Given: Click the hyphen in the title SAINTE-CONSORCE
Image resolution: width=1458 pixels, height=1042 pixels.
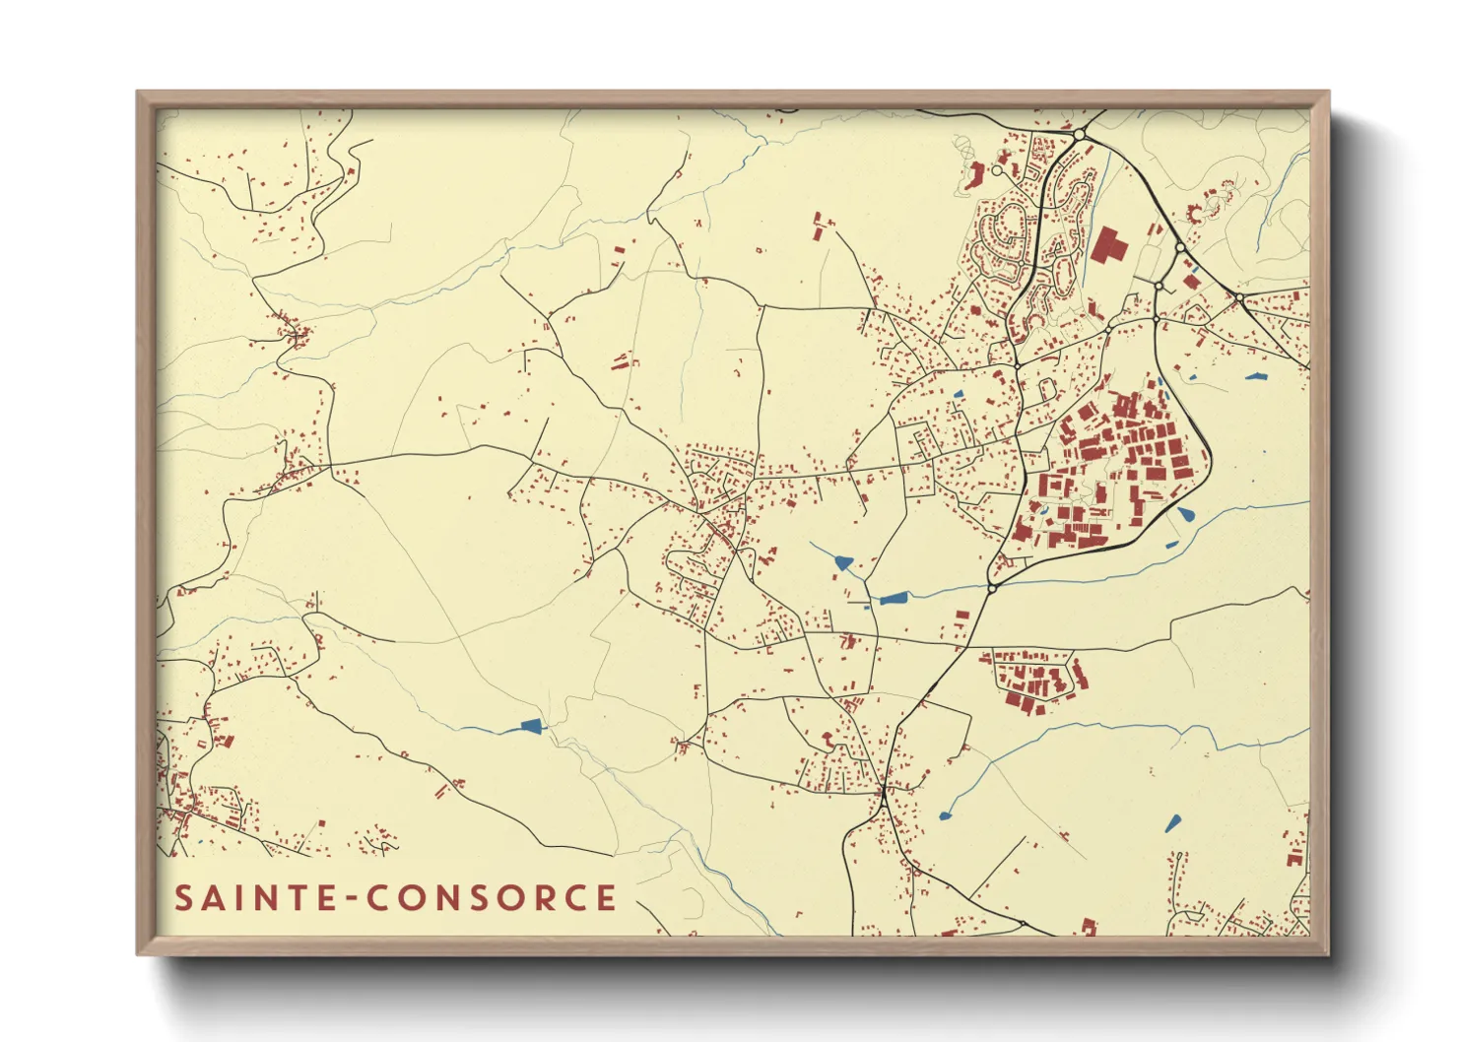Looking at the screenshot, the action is pos(349,898).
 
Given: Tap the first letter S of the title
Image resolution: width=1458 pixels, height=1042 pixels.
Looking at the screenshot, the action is pos(184,898).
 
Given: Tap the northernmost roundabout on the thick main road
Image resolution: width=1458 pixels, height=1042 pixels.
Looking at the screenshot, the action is pos(1079,134).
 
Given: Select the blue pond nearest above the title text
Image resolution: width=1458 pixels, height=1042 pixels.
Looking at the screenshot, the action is pos(531,727).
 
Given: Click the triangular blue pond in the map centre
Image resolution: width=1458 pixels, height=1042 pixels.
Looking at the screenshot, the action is pos(843,562).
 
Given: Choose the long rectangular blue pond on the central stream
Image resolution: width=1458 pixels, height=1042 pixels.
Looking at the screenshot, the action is pos(893,598).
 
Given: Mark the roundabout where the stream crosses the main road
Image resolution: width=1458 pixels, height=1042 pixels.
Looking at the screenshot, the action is pos(992,588).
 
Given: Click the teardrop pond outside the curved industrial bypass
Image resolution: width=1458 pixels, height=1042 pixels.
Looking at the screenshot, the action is pos(1185,513).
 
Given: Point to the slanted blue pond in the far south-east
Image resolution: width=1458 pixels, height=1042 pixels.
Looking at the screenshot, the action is pos(1172,823).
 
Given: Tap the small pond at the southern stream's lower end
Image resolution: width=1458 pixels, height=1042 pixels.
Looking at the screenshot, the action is pos(947,814).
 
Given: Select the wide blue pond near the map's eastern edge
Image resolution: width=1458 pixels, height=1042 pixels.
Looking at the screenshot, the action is pos(1254,376).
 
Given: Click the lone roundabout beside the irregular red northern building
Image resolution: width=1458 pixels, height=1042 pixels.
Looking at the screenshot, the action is pos(996,170).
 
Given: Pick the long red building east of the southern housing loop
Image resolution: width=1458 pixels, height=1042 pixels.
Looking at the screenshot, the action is pos(1081,674).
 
